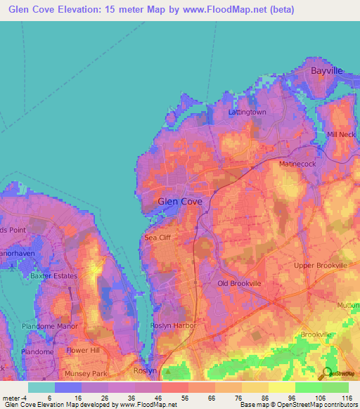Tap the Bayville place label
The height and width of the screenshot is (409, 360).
(x=326, y=71)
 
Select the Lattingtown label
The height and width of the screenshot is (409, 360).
(x=247, y=112)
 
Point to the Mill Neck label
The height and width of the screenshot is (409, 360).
(x=341, y=134)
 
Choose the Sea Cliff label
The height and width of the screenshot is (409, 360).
(x=158, y=238)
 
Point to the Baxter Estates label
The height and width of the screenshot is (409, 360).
(x=54, y=276)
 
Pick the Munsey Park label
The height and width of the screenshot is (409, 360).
(x=84, y=374)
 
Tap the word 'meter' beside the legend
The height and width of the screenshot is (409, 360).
(x=13, y=397)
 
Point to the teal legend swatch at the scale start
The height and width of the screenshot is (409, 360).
(x=41, y=387)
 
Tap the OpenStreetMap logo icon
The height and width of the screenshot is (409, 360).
(x=327, y=372)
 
